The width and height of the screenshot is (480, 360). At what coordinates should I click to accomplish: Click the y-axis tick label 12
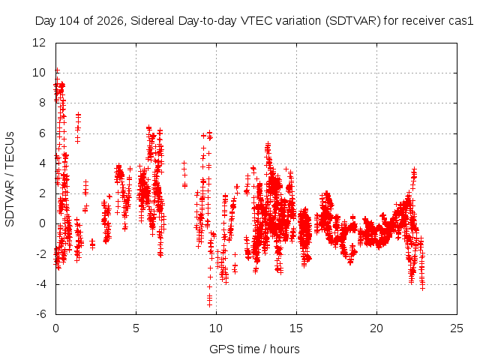tap(39, 43)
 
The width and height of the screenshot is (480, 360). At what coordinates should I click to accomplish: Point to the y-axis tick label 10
tap(39, 73)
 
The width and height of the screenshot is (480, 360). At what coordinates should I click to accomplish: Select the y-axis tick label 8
tap(42, 103)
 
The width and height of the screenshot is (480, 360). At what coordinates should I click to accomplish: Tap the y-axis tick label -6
tap(40, 314)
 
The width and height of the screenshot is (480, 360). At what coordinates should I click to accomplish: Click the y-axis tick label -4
tap(40, 284)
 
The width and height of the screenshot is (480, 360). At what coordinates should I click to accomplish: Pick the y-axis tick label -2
tap(40, 254)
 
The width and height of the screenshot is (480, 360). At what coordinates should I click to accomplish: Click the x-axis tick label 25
tap(457, 328)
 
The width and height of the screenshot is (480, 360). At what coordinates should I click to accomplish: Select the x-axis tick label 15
tap(296, 328)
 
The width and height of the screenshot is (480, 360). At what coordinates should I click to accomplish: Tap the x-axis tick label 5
tap(136, 328)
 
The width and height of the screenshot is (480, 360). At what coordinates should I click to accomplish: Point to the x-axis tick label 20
tap(376, 328)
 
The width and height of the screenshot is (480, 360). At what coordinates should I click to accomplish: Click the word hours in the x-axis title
tap(285, 349)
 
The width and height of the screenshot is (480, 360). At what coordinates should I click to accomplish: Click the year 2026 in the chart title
tap(110, 21)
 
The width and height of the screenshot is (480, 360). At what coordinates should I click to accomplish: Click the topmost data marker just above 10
tap(57, 70)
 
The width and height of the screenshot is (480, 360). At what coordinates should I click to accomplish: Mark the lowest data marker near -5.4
tap(209, 304)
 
